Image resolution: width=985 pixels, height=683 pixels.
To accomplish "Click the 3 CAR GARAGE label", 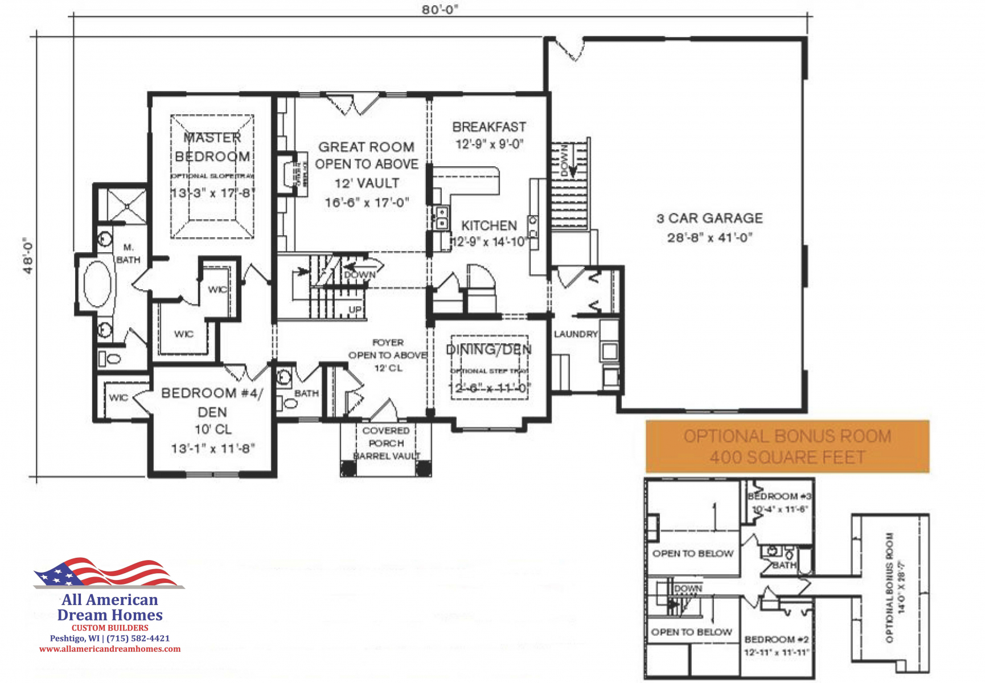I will pyautogui.click(x=709, y=219).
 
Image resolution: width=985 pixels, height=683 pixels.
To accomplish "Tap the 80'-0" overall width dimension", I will pyautogui.click(x=440, y=10).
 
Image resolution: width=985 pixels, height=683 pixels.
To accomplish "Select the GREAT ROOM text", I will pyautogui.click(x=366, y=147).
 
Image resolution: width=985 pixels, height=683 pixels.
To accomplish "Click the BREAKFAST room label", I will pyautogui.click(x=489, y=127).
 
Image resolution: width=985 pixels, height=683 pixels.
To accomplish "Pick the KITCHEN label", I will pyautogui.click(x=489, y=226).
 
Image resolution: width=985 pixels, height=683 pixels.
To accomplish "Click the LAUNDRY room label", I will pyautogui.click(x=576, y=334).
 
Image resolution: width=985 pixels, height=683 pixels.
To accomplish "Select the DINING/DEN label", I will pyautogui.click(x=489, y=349).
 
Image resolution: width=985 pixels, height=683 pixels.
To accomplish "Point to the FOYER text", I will pyautogui.click(x=388, y=343).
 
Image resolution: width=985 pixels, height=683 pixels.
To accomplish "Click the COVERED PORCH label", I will pyautogui.click(x=386, y=437).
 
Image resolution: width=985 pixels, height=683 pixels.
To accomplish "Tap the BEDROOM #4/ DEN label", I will pyautogui.click(x=212, y=402).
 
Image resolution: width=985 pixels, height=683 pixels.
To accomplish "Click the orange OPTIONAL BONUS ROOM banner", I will pyautogui.click(x=787, y=447).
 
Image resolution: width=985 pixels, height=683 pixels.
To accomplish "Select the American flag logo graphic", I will pyautogui.click(x=108, y=573).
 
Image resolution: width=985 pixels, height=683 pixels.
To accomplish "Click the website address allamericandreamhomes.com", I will pyautogui.click(x=110, y=649).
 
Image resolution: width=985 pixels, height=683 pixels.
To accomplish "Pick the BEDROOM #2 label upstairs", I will pyautogui.click(x=777, y=640).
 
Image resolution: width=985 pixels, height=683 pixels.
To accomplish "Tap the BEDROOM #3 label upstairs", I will pyautogui.click(x=779, y=496).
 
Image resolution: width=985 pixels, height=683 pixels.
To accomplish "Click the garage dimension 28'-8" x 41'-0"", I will pyautogui.click(x=709, y=238).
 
